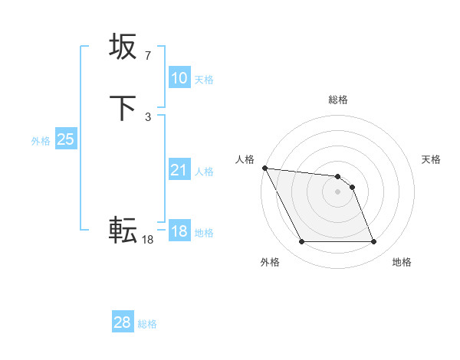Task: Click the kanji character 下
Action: click(123, 107)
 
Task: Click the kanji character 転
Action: click(123, 229)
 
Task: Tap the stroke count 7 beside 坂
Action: click(148, 56)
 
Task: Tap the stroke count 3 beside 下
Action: click(148, 116)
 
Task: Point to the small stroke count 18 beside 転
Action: click(148, 240)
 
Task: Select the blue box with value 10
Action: click(179, 78)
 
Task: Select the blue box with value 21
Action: click(179, 170)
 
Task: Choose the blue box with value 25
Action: click(65, 139)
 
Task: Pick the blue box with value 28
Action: click(122, 322)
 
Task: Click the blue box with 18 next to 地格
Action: click(179, 231)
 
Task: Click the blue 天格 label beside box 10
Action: click(204, 79)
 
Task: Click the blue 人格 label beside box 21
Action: click(204, 172)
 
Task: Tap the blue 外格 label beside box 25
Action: click(41, 141)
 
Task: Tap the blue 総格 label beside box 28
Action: click(147, 324)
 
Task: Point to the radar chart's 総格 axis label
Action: click(338, 100)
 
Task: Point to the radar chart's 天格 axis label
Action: click(432, 159)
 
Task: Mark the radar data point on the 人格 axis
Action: click(264, 168)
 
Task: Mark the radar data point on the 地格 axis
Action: click(373, 242)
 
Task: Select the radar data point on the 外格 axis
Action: click(302, 242)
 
